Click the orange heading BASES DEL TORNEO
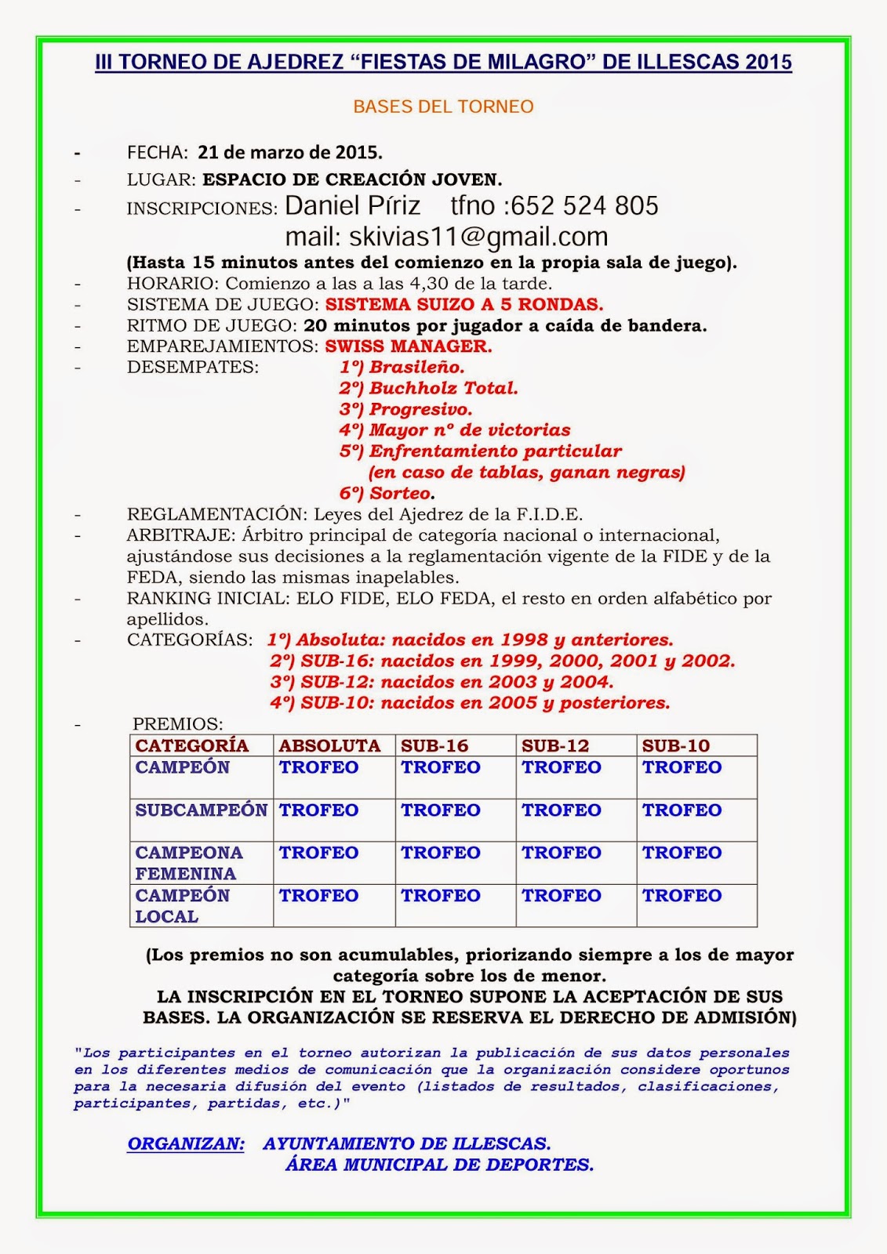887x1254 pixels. [443, 107]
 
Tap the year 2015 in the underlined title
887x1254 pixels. [769, 63]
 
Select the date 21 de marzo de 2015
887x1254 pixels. [289, 151]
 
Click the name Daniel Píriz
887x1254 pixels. [352, 206]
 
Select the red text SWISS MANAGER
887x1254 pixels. [409, 346]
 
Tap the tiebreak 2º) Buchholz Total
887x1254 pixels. [428, 388]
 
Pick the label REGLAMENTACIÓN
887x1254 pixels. [215, 514]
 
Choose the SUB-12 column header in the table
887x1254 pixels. [555, 745]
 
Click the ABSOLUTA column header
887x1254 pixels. [329, 745]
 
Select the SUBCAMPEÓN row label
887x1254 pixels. [202, 810]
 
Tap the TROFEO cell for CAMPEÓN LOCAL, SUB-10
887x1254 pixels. [682, 895]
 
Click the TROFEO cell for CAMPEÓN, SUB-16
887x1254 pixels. [441, 767]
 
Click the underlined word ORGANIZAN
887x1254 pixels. [186, 1143]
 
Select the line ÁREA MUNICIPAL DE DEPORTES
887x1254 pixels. [439, 1165]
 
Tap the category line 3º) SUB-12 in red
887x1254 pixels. [442, 682]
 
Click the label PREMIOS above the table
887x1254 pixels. [178, 724]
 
